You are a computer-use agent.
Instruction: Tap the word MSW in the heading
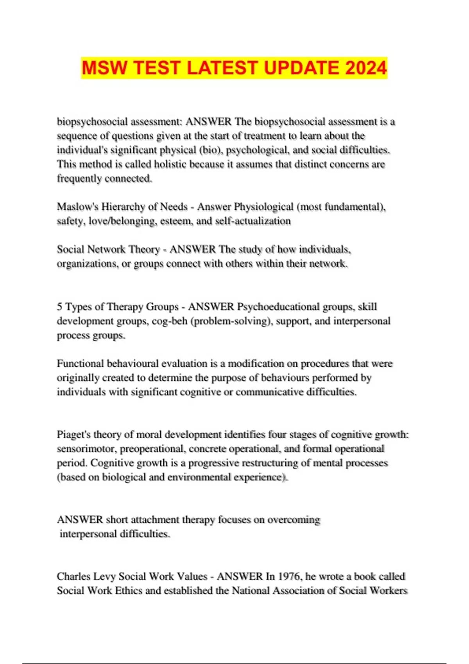(104, 68)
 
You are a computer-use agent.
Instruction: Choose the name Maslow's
(78, 207)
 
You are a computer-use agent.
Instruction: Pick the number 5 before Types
(59, 307)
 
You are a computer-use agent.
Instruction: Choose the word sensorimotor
(86, 449)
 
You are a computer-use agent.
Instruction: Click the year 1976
(290, 577)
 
